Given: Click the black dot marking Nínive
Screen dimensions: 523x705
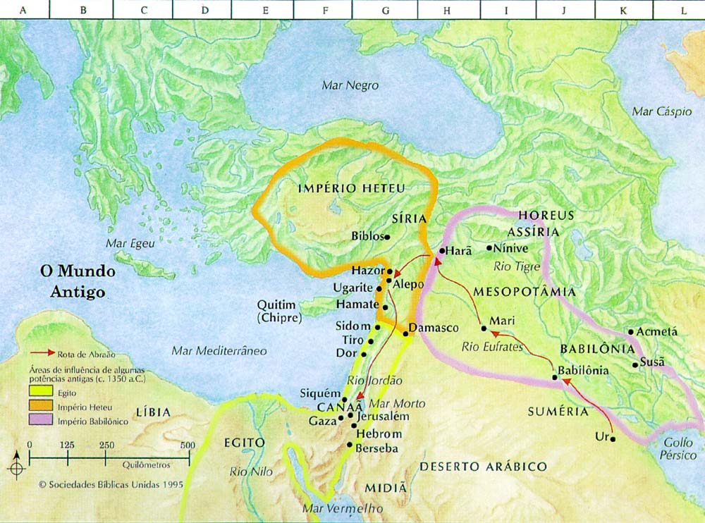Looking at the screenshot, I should pos(489,247).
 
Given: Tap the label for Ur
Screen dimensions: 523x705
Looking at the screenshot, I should pos(601,437).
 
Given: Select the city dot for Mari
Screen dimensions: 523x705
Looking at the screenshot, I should pos(484,328).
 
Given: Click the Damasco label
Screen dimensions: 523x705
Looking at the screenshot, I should pos(434,328).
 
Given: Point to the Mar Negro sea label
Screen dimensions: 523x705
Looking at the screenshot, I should pos(350,85).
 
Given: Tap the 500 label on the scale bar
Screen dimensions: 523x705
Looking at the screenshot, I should pos(188,445).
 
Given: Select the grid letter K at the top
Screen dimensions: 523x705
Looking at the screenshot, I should pos(623,11).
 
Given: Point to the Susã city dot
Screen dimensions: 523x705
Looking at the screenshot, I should pos(635,364).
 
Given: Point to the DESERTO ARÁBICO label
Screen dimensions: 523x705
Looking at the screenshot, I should pos(483,467).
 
